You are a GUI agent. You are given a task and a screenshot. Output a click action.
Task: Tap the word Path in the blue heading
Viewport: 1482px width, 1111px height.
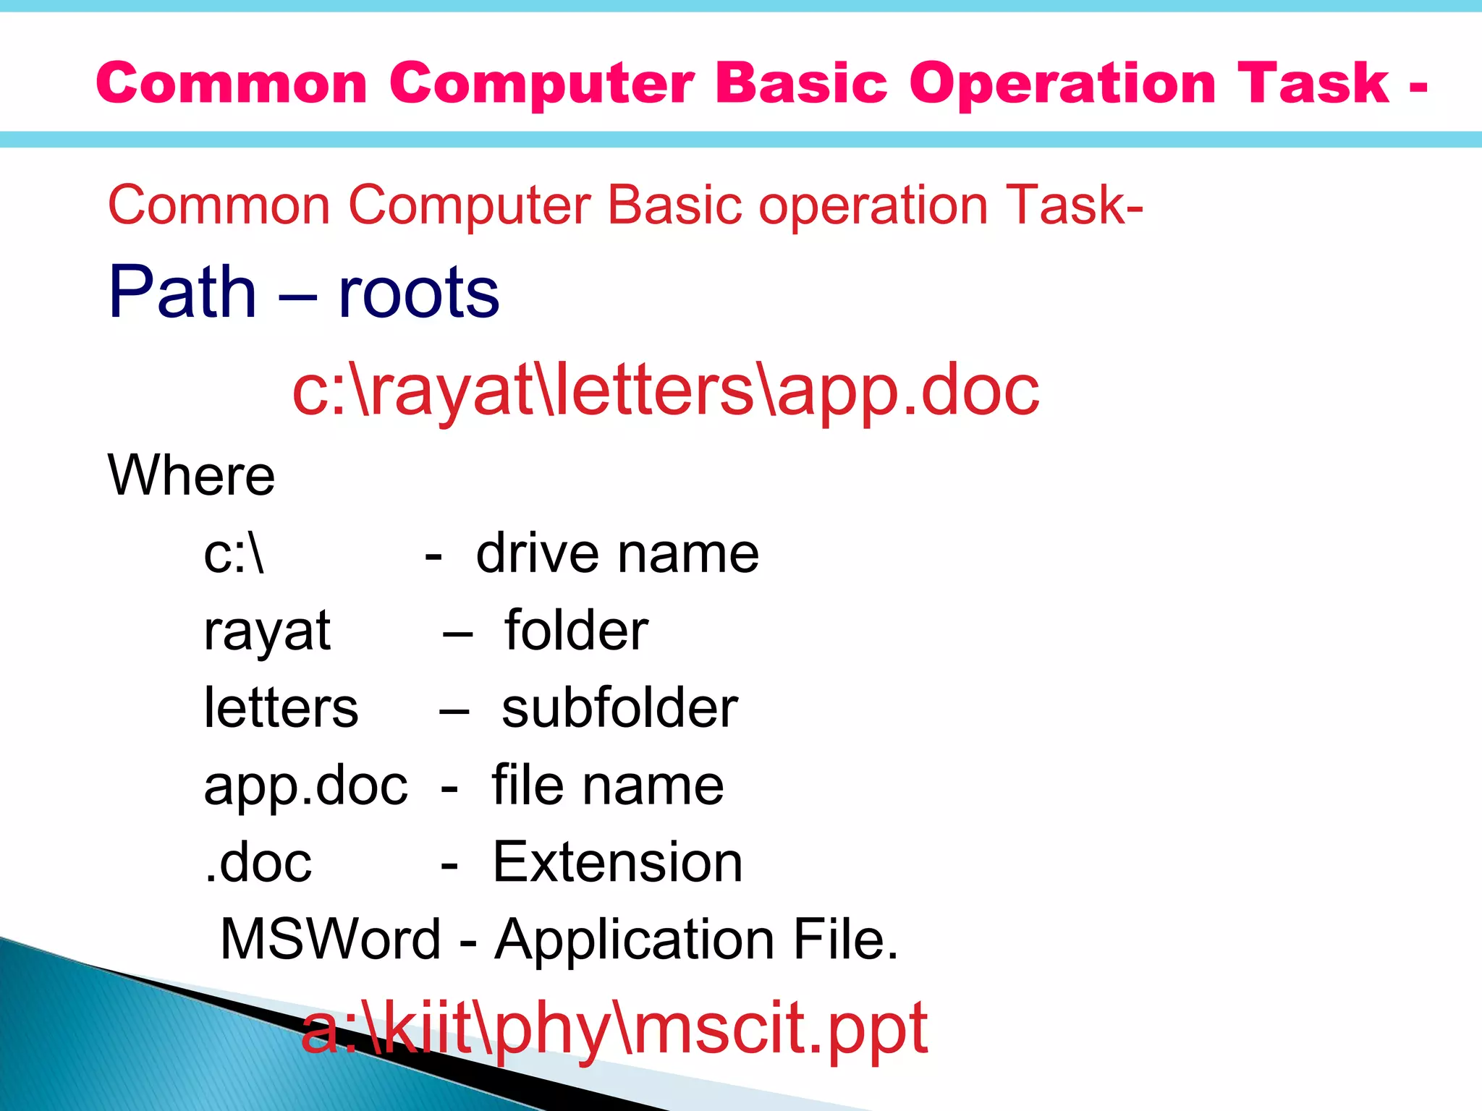click(182, 292)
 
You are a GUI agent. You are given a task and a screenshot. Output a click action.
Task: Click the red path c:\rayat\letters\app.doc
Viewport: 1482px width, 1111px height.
click(665, 391)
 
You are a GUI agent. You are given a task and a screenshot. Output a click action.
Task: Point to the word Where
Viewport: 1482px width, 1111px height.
click(191, 475)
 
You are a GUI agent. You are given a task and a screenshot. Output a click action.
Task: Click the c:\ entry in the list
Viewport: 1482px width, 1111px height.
click(234, 554)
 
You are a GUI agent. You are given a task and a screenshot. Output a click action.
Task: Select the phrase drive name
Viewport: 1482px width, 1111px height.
click(617, 554)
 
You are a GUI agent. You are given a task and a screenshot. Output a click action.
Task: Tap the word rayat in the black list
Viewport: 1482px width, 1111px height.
click(267, 631)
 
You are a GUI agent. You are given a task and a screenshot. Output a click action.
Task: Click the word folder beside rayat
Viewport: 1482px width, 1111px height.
click(576, 631)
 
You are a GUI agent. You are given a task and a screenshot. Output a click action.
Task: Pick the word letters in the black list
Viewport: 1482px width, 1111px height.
click(281, 708)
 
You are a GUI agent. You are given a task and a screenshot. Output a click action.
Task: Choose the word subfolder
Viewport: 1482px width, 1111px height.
click(619, 708)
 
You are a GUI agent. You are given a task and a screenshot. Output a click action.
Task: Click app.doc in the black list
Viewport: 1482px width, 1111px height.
click(305, 786)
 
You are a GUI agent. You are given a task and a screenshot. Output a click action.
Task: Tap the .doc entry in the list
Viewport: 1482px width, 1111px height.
click(258, 863)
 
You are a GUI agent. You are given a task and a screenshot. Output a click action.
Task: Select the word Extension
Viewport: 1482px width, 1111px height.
click(617, 863)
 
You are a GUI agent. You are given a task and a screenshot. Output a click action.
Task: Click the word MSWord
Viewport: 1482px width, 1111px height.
click(330, 940)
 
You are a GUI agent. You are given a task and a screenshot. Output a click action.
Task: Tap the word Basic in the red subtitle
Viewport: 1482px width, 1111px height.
click(674, 205)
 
